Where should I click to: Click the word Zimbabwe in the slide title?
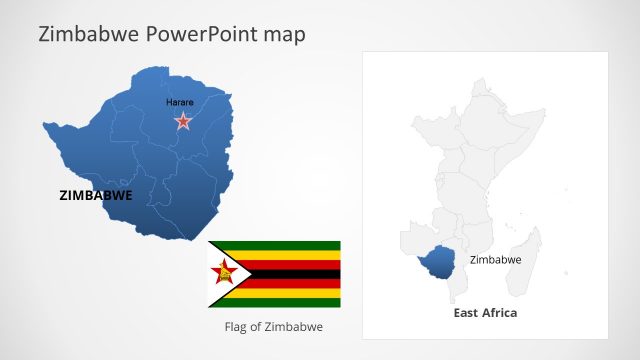pyautogui.click(x=88, y=35)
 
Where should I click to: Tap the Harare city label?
pyautogui.click(x=180, y=102)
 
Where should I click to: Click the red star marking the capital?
pyautogui.click(x=183, y=121)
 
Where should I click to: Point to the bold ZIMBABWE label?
pyautogui.click(x=96, y=196)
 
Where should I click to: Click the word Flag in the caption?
pyautogui.click(x=234, y=327)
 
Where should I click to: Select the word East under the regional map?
pyautogui.click(x=466, y=313)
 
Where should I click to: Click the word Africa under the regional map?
pyautogui.click(x=501, y=313)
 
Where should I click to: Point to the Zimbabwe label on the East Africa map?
pyautogui.click(x=495, y=260)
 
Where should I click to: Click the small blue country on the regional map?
pyautogui.click(x=436, y=263)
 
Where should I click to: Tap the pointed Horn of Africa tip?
pyautogui.click(x=546, y=111)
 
